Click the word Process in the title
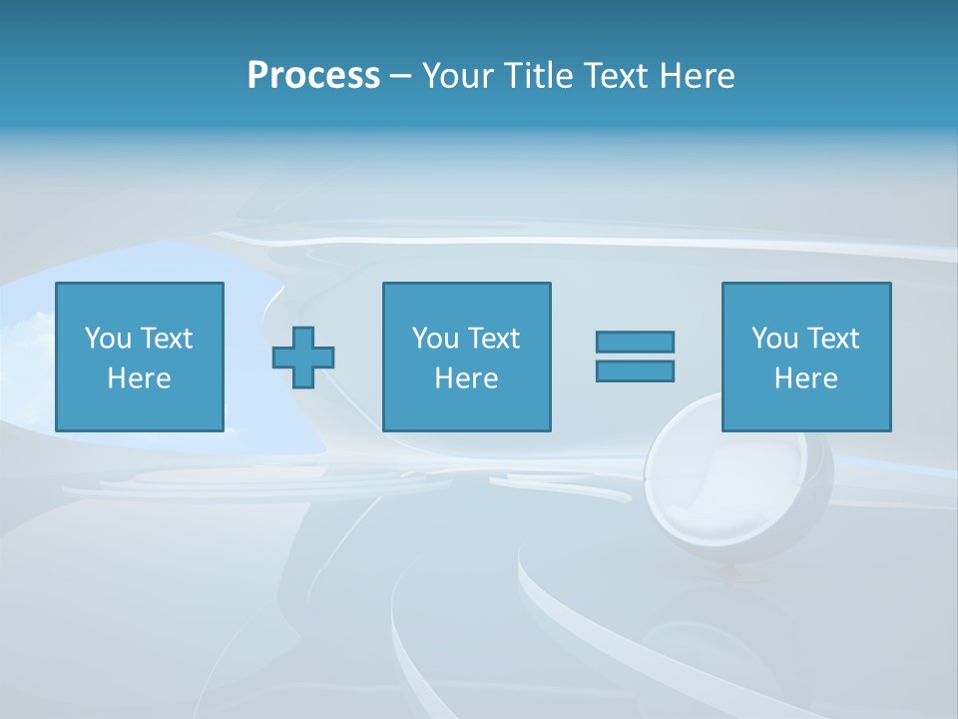pyautogui.click(x=313, y=76)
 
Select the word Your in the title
pyautogui.click(x=457, y=76)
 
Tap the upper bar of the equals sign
pyautogui.click(x=635, y=342)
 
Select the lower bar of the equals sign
pyautogui.click(x=635, y=370)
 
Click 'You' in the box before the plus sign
pyautogui.click(x=108, y=339)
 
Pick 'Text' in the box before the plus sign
pyautogui.click(x=165, y=339)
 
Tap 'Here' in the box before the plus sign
pyautogui.click(x=139, y=378)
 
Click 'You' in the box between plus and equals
pyautogui.click(x=435, y=339)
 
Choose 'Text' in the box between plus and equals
pyautogui.click(x=492, y=339)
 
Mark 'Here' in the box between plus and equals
pyautogui.click(x=466, y=378)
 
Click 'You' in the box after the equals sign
pyautogui.click(x=774, y=339)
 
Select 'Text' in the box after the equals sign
pyautogui.click(x=831, y=339)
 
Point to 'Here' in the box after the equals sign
pyautogui.click(x=805, y=378)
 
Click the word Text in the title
pyautogui.click(x=611, y=76)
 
